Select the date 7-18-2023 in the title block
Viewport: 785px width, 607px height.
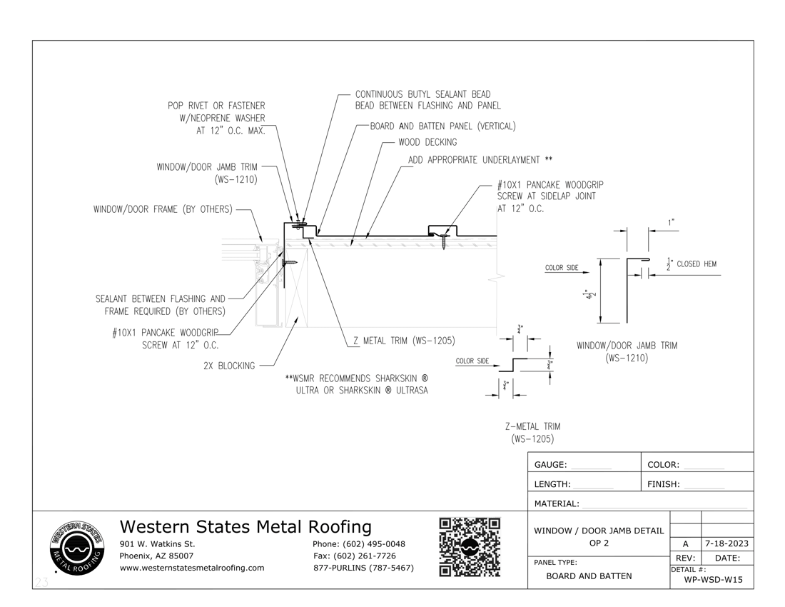click(726, 543)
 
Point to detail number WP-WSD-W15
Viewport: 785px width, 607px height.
click(713, 580)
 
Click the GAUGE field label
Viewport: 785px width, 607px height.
click(550, 465)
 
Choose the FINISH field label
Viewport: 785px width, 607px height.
click(663, 485)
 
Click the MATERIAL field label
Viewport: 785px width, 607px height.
click(557, 504)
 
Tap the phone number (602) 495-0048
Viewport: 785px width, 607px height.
click(359, 544)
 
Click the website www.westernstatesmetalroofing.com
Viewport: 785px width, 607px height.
click(192, 568)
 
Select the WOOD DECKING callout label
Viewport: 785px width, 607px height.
click(427, 142)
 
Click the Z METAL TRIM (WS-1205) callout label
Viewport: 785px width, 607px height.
click(404, 341)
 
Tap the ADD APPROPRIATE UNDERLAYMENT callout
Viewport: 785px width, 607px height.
click(480, 160)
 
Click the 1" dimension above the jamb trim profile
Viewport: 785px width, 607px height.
click(671, 223)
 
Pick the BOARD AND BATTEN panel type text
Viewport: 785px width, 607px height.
click(589, 576)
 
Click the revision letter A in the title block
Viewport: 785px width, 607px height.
click(686, 543)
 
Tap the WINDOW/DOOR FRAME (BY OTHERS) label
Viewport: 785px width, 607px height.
click(162, 209)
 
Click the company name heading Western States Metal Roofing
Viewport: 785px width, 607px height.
click(245, 527)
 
